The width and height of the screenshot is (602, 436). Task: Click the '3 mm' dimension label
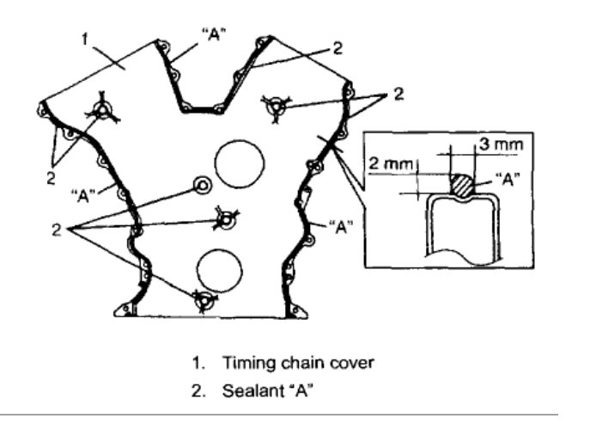coord(500,145)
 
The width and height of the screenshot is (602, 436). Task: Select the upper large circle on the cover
coord(240,163)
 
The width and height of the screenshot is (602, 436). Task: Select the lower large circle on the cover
coord(218,268)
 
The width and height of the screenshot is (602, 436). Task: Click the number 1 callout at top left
coord(84,39)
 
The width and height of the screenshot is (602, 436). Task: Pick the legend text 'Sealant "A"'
coord(269,392)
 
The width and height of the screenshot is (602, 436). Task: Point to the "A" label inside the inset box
coord(502,181)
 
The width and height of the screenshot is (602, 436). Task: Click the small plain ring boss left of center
coord(203,185)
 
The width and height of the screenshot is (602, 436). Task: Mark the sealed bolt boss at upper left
coord(101,110)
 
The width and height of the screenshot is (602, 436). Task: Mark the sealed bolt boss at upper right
coord(275,105)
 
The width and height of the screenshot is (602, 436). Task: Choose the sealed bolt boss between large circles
coord(225,219)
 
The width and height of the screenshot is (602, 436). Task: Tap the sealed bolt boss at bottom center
coord(204,300)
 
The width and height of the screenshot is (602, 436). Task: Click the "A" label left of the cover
coord(82,193)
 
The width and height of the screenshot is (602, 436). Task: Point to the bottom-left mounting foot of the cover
coord(128,309)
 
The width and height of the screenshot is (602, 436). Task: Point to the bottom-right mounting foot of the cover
coord(297,310)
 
